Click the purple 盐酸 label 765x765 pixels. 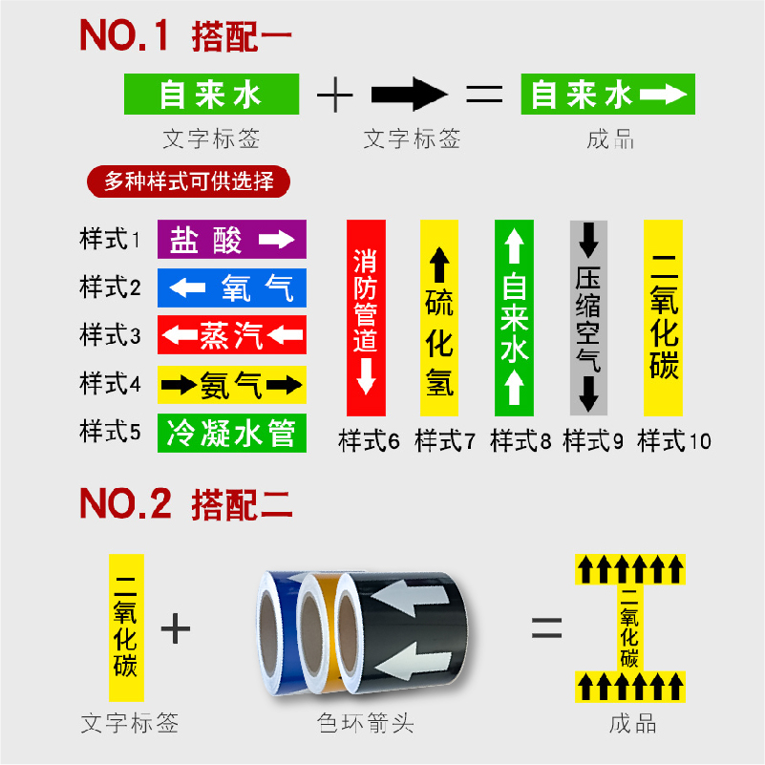pyautogui.click(x=230, y=239)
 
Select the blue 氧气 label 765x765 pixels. pyautogui.click(x=230, y=287)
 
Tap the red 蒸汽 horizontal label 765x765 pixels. pyautogui.click(x=230, y=334)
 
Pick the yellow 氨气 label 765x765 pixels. pyautogui.click(x=230, y=384)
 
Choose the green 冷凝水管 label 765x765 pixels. pyautogui.click(x=230, y=434)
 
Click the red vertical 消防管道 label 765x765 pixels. pyautogui.click(x=366, y=318)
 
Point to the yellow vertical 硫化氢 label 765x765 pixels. pyautogui.click(x=439, y=318)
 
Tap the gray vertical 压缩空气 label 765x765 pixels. pyautogui.click(x=588, y=318)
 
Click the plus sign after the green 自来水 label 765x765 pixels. pyautogui.click(x=335, y=94)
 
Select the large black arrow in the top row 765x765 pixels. pyautogui.click(x=409, y=94)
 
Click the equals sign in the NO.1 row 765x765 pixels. pyautogui.click(x=484, y=94)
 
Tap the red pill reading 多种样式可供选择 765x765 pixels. pyautogui.click(x=187, y=181)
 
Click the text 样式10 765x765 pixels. pyautogui.click(x=674, y=441)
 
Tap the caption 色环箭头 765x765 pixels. pyautogui.click(x=366, y=723)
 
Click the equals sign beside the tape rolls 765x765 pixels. pyautogui.click(x=546, y=627)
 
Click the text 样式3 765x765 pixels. pyautogui.click(x=110, y=335)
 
